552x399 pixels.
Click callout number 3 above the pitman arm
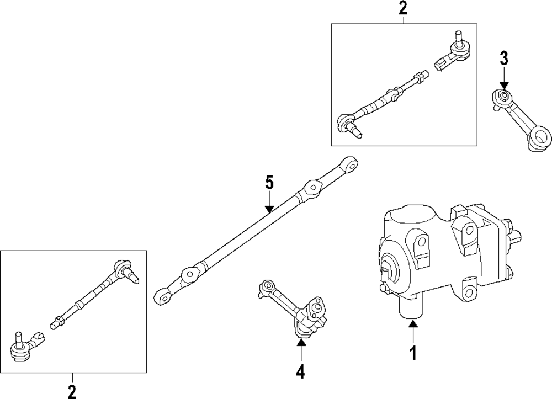[503, 57]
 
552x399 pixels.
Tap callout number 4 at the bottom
[300, 372]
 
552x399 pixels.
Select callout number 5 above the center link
[269, 182]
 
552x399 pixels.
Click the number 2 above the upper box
[403, 8]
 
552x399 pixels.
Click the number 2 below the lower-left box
[72, 391]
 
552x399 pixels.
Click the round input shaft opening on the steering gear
[390, 269]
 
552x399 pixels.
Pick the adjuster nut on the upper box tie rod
[395, 92]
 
